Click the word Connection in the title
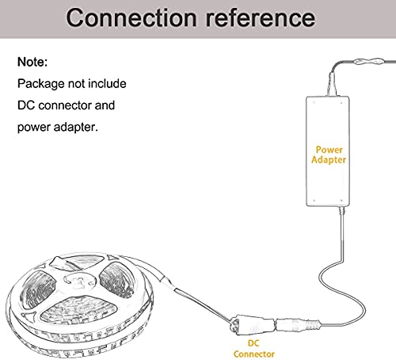tap(131, 17)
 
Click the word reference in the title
tap(261, 17)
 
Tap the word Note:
tap(32, 62)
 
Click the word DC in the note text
tap(26, 105)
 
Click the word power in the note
tap(34, 128)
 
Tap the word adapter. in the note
tap(76, 127)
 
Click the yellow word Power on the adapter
tap(329, 150)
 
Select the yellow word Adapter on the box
tap(329, 159)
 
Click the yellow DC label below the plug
tap(253, 343)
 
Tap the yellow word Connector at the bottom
tap(254, 354)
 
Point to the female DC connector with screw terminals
tap(252, 324)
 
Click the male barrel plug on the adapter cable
tap(298, 325)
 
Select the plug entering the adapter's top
tap(332, 83)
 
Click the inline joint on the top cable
tap(368, 62)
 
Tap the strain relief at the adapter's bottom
tap(342, 211)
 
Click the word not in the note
tap(76, 83)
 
